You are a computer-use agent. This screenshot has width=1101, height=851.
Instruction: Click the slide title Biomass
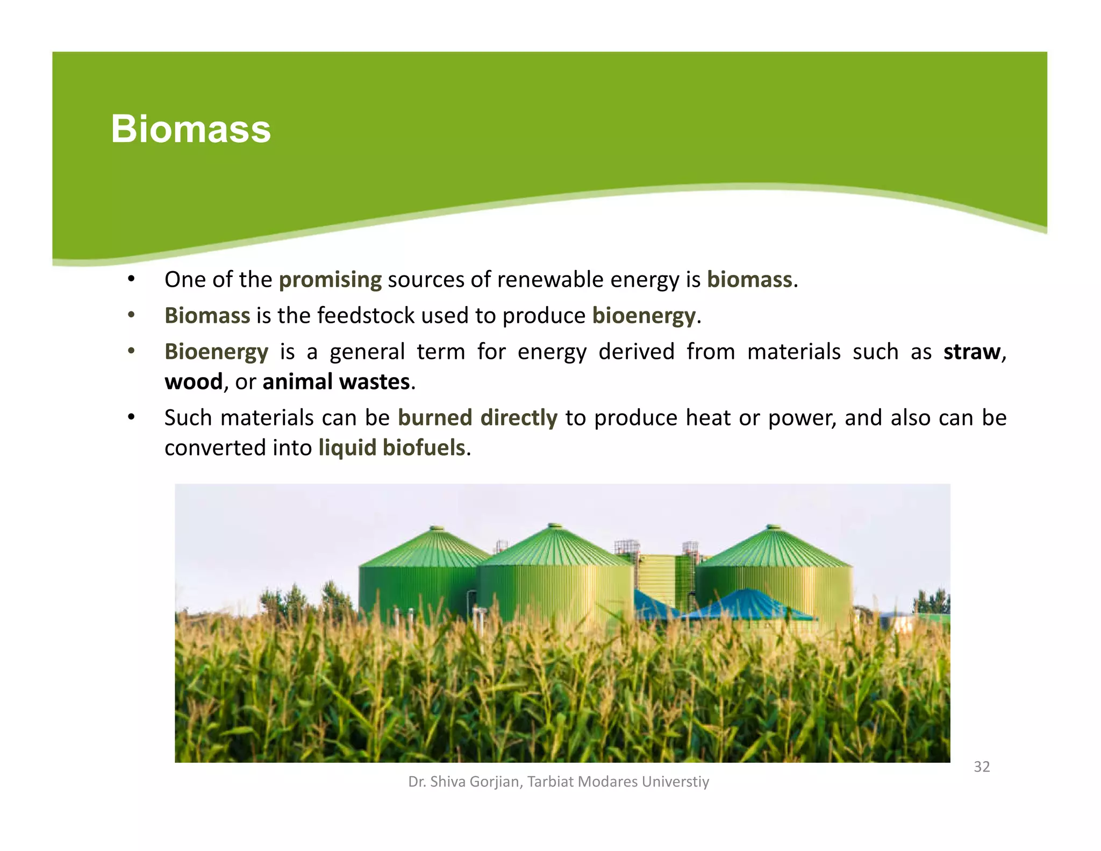point(191,129)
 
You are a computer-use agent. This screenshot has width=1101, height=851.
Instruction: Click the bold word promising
point(330,280)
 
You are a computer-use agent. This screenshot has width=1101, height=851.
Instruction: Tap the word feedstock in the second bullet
point(366,316)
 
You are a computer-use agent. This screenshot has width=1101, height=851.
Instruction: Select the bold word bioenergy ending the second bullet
point(644,316)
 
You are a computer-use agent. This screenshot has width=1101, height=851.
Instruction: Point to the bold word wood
point(194,382)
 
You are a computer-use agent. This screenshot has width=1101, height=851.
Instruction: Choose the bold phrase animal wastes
point(337,382)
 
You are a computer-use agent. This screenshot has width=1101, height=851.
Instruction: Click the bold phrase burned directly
point(477,418)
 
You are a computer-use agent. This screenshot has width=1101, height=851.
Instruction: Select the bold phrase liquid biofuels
point(392,448)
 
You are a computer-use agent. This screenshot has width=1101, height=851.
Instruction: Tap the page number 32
point(982,767)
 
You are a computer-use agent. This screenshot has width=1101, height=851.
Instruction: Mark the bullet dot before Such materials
point(131,417)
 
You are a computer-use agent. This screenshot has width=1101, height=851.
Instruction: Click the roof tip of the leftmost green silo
point(437,529)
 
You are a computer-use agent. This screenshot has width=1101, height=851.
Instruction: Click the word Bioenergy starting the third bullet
point(216,352)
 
